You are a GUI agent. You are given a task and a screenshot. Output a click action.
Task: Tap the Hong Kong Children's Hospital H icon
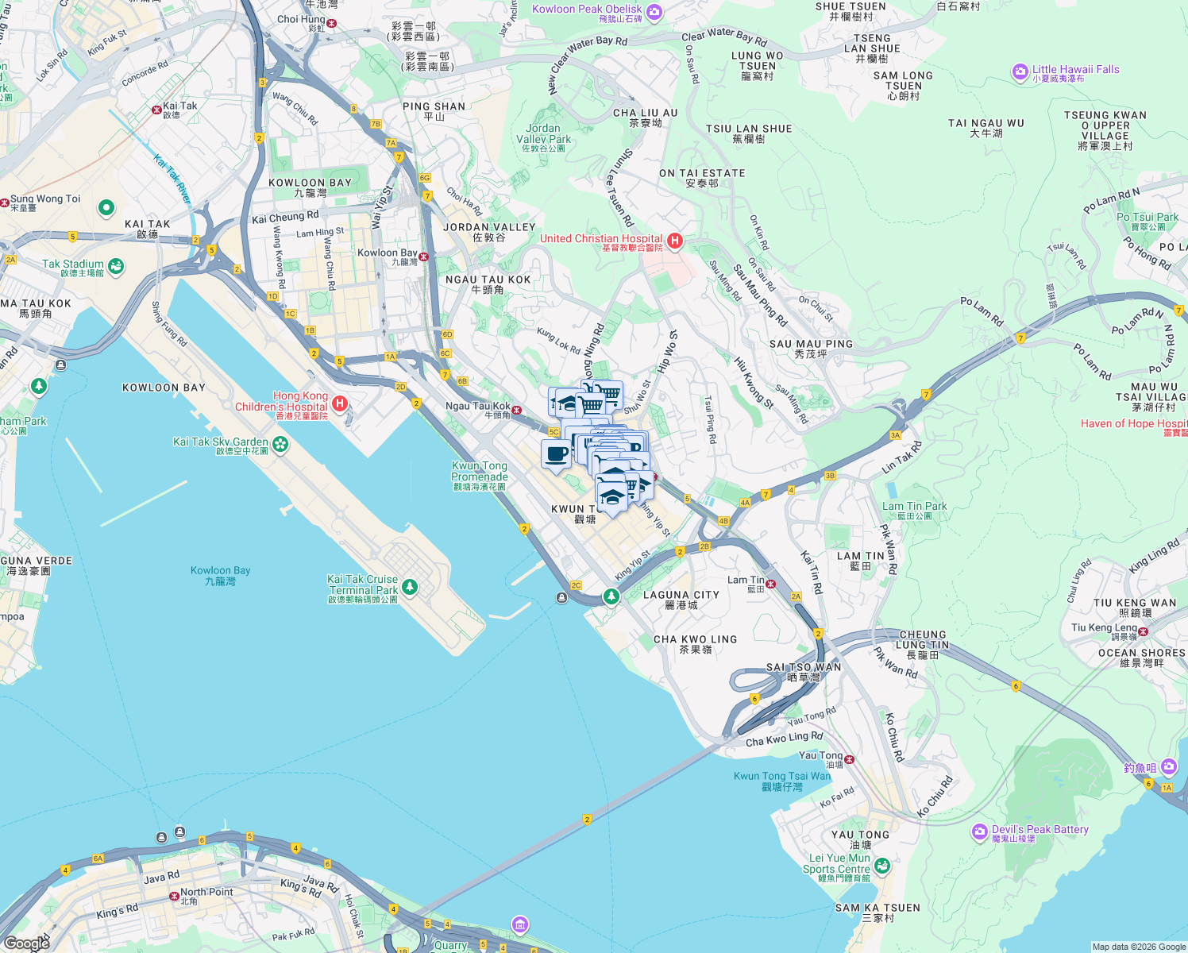pos(340,403)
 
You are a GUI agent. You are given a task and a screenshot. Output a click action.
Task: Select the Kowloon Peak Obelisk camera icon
pos(654,11)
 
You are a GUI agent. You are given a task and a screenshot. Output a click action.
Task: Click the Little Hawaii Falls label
pos(1075,70)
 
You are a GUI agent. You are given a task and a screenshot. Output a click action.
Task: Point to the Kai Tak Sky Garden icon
pos(280,444)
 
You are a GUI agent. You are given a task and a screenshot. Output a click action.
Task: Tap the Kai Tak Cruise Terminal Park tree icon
pos(409,587)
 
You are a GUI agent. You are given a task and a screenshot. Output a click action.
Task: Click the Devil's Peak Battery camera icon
pos(979,832)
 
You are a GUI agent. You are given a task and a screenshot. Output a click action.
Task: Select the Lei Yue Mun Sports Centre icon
pos(882,866)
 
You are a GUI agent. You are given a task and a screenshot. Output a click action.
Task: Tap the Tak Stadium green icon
pos(116,266)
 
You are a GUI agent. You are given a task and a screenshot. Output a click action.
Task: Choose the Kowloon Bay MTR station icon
pos(424,257)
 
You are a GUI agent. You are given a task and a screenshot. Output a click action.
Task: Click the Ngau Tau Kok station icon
pos(517,411)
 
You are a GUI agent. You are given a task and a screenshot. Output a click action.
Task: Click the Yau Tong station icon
pos(850,759)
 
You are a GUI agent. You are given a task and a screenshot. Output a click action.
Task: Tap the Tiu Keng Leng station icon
pos(1144,631)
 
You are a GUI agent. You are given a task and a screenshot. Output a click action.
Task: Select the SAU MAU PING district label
pos(811,345)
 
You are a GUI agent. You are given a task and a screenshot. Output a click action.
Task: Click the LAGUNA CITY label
pos(681,595)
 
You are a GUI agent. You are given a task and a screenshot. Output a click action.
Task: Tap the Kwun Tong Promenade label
pos(479,471)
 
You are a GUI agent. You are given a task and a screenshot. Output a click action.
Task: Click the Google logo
pos(26,943)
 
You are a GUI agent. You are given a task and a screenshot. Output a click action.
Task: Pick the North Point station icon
pos(174,896)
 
